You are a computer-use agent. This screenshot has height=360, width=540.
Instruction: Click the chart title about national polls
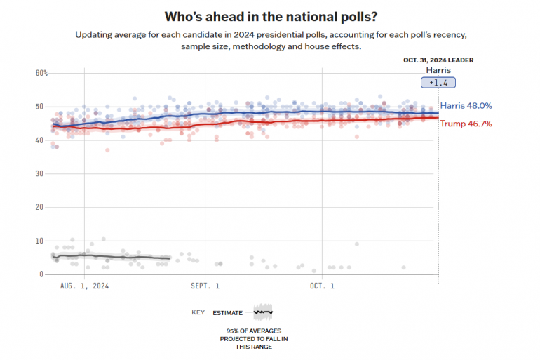click(x=270, y=15)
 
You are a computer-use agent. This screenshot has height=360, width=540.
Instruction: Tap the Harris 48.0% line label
click(x=466, y=106)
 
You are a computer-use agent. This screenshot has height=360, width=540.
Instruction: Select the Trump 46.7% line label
click(x=466, y=124)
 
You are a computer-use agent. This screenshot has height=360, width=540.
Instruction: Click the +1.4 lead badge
click(x=438, y=83)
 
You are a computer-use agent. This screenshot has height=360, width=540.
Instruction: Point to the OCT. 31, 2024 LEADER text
click(x=438, y=60)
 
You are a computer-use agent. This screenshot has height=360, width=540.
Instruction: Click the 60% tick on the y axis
click(x=41, y=73)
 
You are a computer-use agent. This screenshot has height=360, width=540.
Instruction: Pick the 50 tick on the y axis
click(x=41, y=107)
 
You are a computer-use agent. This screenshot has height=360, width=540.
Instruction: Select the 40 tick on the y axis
click(x=41, y=140)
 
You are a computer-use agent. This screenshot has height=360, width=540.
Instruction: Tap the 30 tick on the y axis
click(x=41, y=173)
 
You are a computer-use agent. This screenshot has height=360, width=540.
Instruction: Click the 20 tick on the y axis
click(x=41, y=207)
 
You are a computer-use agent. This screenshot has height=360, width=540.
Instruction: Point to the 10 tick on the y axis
click(x=41, y=241)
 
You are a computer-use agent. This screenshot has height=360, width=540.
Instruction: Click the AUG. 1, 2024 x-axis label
click(x=84, y=286)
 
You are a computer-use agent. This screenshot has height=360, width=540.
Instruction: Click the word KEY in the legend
click(x=198, y=312)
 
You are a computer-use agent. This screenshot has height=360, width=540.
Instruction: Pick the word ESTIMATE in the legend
click(x=228, y=312)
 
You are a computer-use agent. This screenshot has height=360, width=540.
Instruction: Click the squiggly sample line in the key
click(x=263, y=312)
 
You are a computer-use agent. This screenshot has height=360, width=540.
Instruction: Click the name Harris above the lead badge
click(x=438, y=70)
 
